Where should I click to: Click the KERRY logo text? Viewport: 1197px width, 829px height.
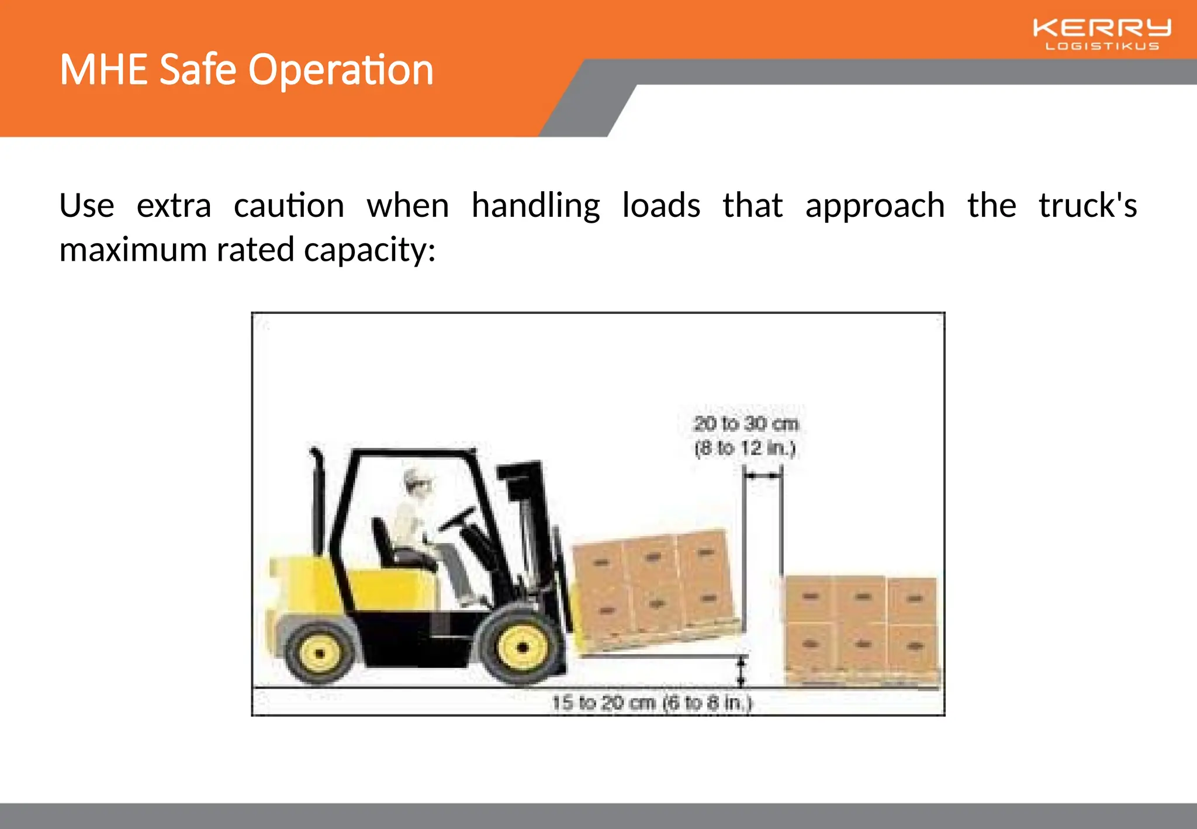1102,27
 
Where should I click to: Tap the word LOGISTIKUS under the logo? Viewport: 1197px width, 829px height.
1102,46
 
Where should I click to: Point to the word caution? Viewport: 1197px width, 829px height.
289,206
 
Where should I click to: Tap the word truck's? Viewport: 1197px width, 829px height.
1087,206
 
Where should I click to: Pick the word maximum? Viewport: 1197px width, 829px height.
133,250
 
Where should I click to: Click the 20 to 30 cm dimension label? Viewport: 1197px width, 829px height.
746,423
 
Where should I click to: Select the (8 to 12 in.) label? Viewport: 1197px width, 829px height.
745,448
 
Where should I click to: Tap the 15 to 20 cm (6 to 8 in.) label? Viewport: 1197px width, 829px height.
652,702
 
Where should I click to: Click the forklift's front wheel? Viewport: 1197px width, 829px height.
522,647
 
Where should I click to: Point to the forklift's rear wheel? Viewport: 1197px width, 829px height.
320,652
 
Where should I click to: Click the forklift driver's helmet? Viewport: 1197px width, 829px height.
418,478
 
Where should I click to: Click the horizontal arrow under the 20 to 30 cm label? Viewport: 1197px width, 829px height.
763,476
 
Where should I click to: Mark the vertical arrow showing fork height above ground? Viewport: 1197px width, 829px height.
741,671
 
